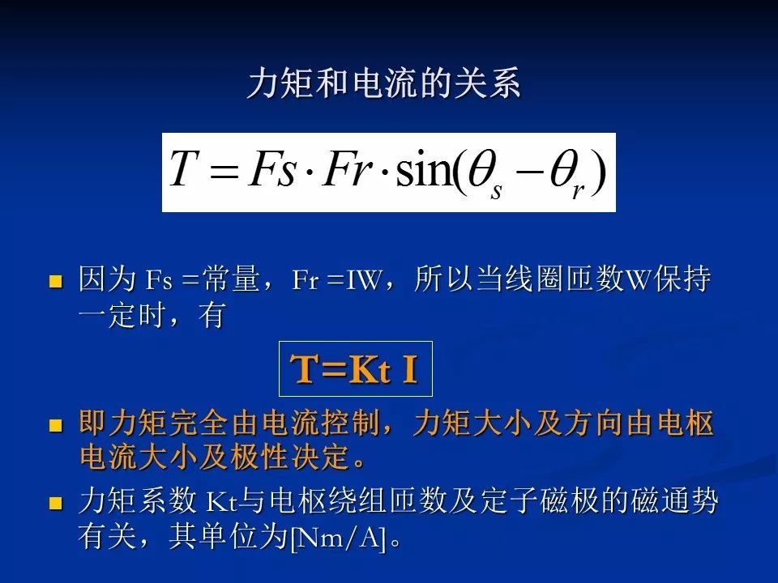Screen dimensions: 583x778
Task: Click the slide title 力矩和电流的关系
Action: coord(383,85)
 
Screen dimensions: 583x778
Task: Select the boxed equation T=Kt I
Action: coord(355,369)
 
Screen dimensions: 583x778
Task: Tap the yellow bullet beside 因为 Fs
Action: coord(56,282)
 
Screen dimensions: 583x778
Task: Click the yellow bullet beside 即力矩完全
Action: coord(56,424)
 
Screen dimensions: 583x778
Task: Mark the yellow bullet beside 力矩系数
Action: coord(56,504)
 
